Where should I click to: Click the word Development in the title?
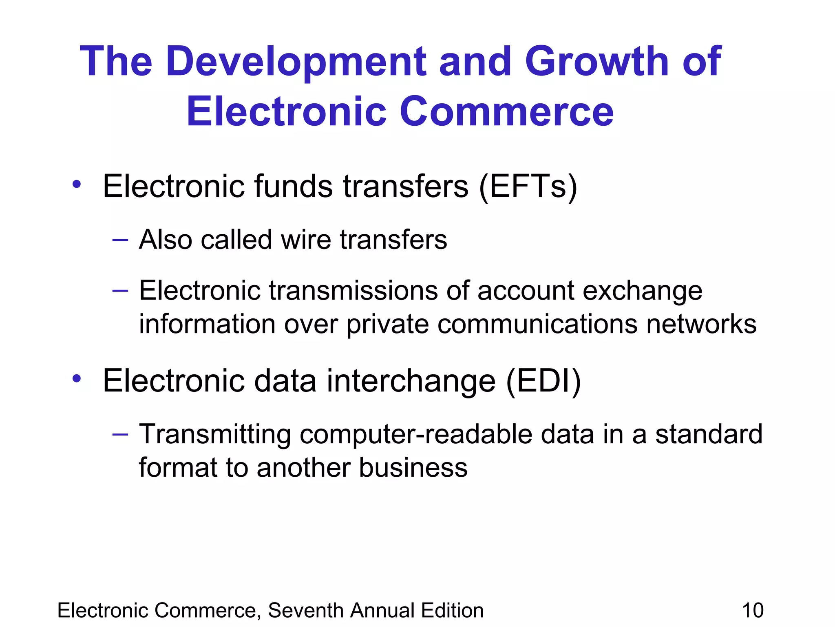coord(296,62)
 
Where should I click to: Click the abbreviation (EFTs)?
coord(528,187)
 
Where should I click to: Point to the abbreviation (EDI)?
coord(543,381)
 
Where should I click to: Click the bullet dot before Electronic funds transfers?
coord(77,184)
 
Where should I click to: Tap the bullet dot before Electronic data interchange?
coord(77,379)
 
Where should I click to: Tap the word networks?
coord(701,325)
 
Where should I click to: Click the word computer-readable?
coord(416,434)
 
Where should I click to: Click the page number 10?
coord(753,611)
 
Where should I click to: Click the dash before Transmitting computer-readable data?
coord(120,434)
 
